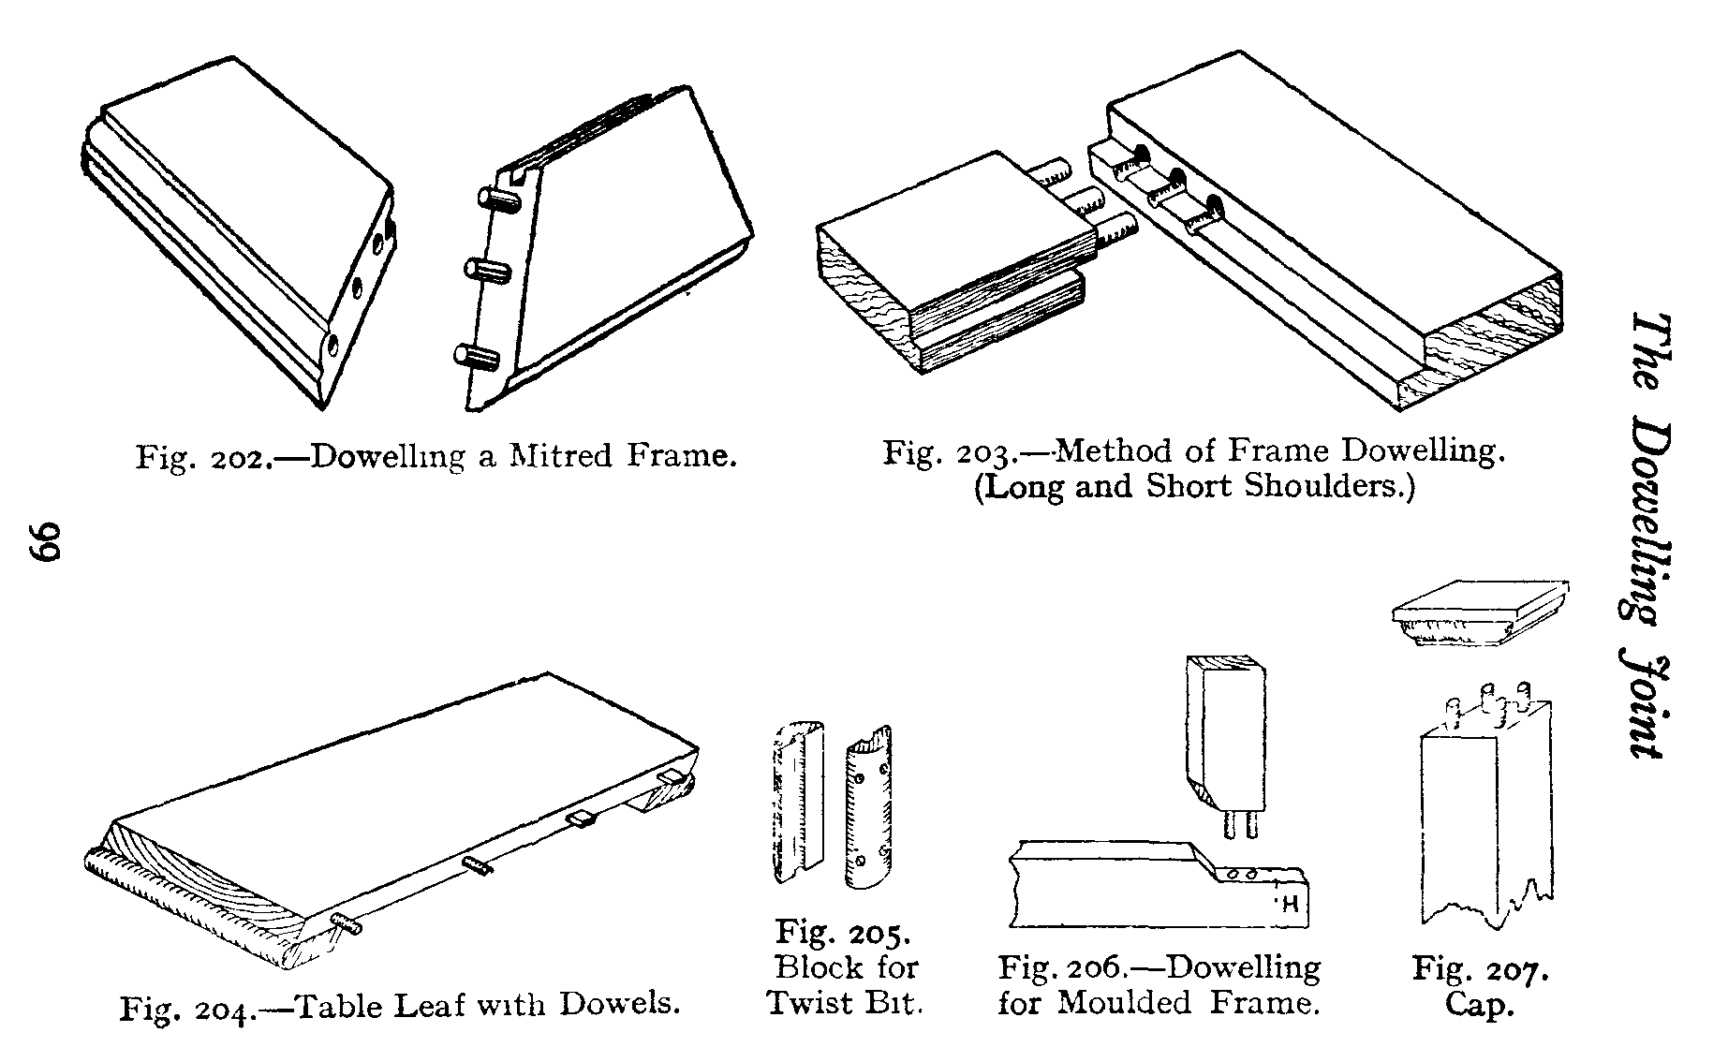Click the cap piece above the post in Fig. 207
click(1480, 614)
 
